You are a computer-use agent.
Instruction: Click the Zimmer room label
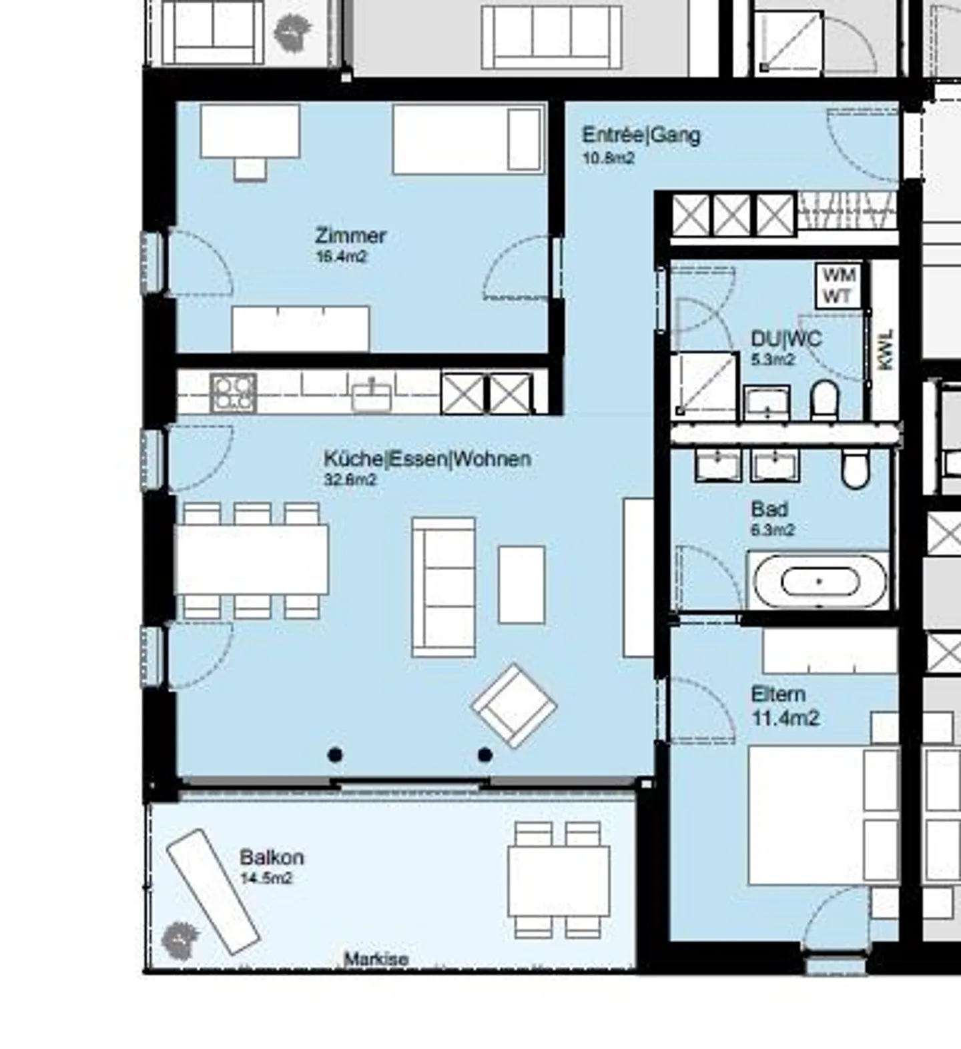(350, 235)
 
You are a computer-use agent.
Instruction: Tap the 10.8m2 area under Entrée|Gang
(608, 158)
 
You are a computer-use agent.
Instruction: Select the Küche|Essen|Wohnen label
(427, 459)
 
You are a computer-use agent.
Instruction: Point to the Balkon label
(272, 857)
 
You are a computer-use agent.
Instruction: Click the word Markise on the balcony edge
(376, 959)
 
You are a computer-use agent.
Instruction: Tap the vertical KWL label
(886, 349)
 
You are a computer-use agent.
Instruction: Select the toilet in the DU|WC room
(824, 399)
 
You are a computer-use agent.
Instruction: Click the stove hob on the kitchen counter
(234, 393)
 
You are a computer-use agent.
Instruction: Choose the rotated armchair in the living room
(514, 706)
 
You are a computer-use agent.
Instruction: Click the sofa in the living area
(444, 587)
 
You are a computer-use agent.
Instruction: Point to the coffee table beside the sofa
(521, 584)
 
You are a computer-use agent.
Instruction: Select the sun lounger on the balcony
(213, 891)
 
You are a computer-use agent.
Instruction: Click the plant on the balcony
(180, 939)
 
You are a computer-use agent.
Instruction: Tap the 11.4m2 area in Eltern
(785, 718)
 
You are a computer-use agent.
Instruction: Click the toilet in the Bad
(855, 468)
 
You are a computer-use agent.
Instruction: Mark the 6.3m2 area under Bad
(773, 530)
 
